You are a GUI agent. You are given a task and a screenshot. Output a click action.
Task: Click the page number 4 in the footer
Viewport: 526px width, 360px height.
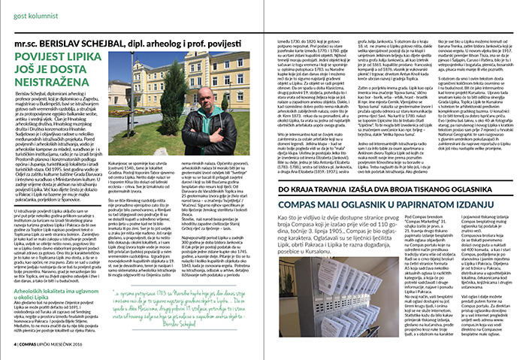click(16, 349)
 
